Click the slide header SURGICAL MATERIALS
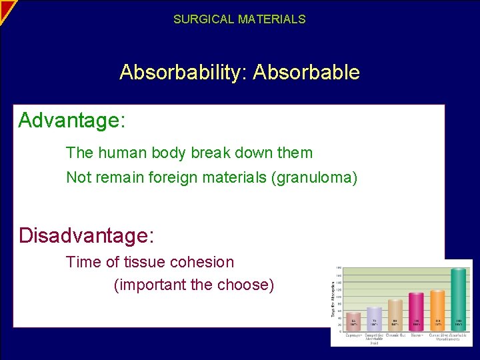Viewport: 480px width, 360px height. pos(239,19)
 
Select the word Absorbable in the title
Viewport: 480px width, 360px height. pos(306,72)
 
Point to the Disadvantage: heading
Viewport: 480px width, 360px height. pos(86,235)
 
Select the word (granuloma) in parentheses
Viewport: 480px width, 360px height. pos(314,177)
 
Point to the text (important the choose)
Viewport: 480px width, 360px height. pos(194,285)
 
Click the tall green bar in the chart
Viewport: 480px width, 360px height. pos(458,299)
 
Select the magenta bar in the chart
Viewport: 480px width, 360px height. pos(416,311)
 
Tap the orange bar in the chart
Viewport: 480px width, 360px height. pos(437,310)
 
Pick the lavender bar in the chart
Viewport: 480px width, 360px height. pos(374,319)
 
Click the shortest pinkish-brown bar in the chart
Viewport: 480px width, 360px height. pos(353,321)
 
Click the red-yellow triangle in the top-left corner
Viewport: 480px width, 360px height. pos(6,8)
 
